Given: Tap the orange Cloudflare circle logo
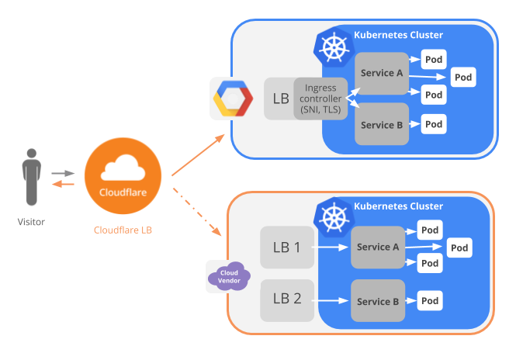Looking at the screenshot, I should [x=123, y=178].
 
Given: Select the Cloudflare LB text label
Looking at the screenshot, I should [x=123, y=230].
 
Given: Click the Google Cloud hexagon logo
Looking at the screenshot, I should [x=233, y=99].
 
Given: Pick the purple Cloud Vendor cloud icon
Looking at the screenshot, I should [x=227, y=276].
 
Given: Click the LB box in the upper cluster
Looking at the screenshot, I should [x=279, y=99].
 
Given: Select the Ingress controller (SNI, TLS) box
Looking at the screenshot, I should [x=320, y=99].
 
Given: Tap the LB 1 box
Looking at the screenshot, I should [x=286, y=247].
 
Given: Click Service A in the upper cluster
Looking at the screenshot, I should [x=382, y=74].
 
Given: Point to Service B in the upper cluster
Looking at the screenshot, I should [x=382, y=124].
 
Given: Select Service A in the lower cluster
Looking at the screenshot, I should [x=377, y=247].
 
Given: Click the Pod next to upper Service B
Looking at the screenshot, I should [x=434, y=123].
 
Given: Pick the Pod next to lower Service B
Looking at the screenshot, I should [x=431, y=300].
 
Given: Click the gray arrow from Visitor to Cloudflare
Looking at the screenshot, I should [x=63, y=173].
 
